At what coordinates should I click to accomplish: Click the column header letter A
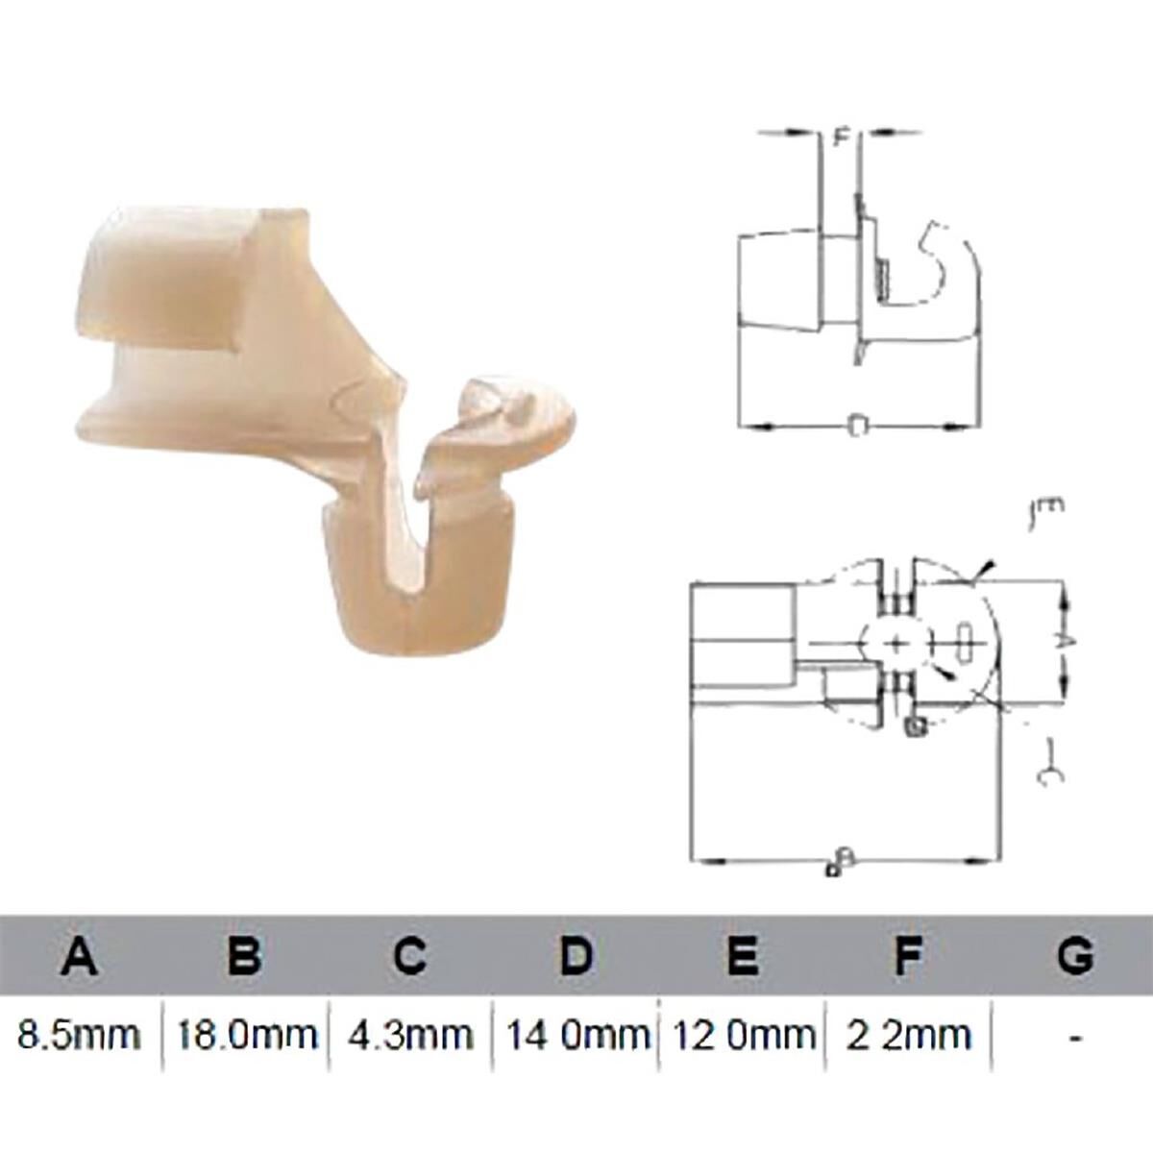tap(81, 956)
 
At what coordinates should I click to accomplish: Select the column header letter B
tap(244, 956)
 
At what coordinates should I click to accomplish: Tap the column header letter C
tap(409, 956)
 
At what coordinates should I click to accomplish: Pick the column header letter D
tap(575, 956)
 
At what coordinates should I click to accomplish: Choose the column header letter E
tap(741, 956)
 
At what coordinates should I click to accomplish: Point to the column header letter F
tap(906, 956)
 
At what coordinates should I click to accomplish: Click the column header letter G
tap(1074, 956)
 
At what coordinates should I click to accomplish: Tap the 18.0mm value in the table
tap(244, 1035)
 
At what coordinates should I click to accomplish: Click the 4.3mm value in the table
tap(410, 1035)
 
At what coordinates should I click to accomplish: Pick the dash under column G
tap(1075, 1037)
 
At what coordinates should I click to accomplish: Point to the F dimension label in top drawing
tap(840, 137)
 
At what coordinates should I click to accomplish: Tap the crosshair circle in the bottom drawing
tap(895, 642)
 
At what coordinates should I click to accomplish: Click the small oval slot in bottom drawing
tap(965, 641)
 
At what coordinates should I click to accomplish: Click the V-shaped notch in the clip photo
tap(407, 538)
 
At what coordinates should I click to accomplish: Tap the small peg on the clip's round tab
tap(514, 404)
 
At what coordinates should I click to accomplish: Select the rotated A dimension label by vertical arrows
tap(1075, 641)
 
